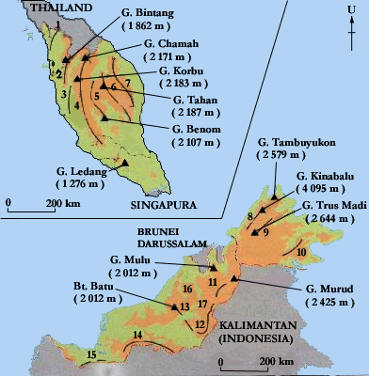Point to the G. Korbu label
click(177, 71)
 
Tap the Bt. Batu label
click(91, 285)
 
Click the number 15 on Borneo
click(90, 353)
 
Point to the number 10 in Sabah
click(301, 252)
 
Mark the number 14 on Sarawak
click(137, 335)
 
